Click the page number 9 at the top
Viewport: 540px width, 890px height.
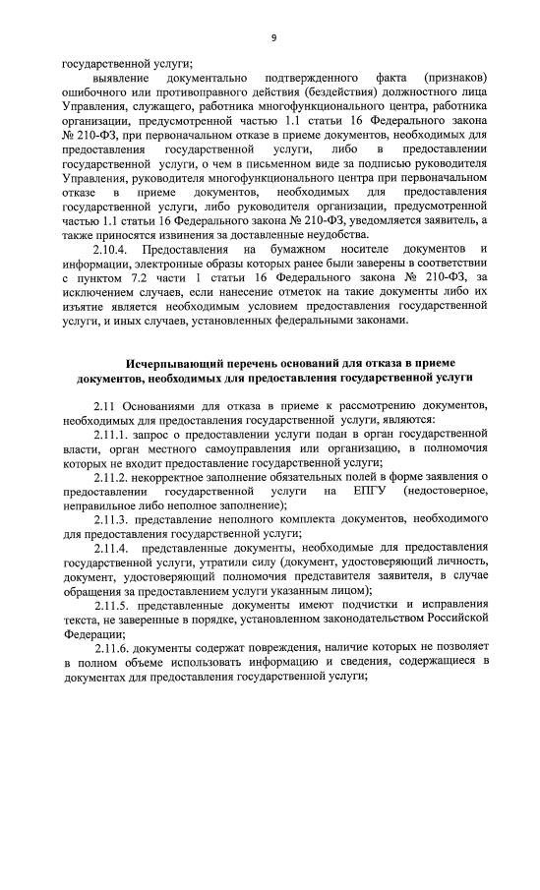click(x=273, y=37)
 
